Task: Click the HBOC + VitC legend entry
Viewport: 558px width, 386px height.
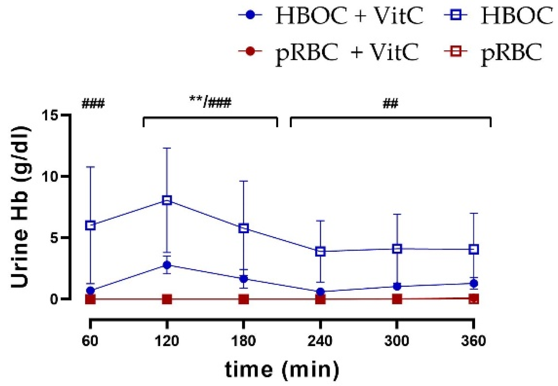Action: coord(331,16)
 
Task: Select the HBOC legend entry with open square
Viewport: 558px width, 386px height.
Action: coord(498,16)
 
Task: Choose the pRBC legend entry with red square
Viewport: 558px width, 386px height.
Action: coord(493,52)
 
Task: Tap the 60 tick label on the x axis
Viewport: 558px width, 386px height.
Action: coord(90,341)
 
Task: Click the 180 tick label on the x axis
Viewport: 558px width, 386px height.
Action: coord(243,341)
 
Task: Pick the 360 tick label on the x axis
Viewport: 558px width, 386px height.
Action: coord(474,341)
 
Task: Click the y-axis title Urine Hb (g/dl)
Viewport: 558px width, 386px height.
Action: coord(20,207)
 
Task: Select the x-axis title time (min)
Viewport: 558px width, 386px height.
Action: coord(282,370)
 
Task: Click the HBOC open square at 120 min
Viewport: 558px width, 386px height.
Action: coord(167,200)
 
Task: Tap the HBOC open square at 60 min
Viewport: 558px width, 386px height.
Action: coord(90,225)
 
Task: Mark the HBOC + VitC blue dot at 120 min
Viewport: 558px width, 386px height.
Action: coord(167,265)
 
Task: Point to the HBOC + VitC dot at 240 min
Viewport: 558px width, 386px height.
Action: coord(320,292)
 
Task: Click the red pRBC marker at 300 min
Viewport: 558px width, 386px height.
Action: coord(397,299)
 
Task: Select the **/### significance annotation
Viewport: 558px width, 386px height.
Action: coord(210,103)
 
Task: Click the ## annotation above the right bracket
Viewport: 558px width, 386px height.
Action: coord(390,104)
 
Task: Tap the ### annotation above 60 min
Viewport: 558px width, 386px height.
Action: coord(93,104)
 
